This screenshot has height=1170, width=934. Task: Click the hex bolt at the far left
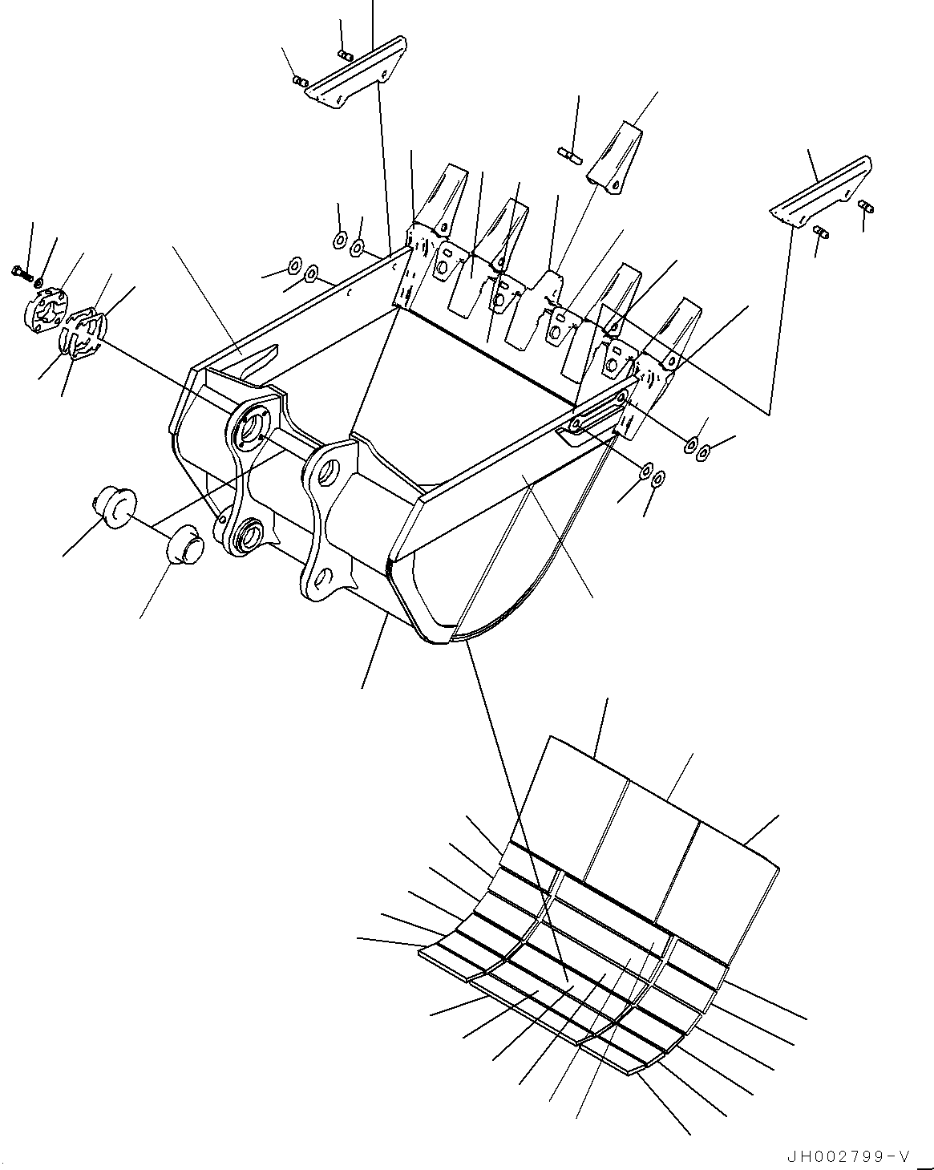click(x=22, y=273)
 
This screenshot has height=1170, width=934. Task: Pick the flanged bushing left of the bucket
click(x=114, y=508)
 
